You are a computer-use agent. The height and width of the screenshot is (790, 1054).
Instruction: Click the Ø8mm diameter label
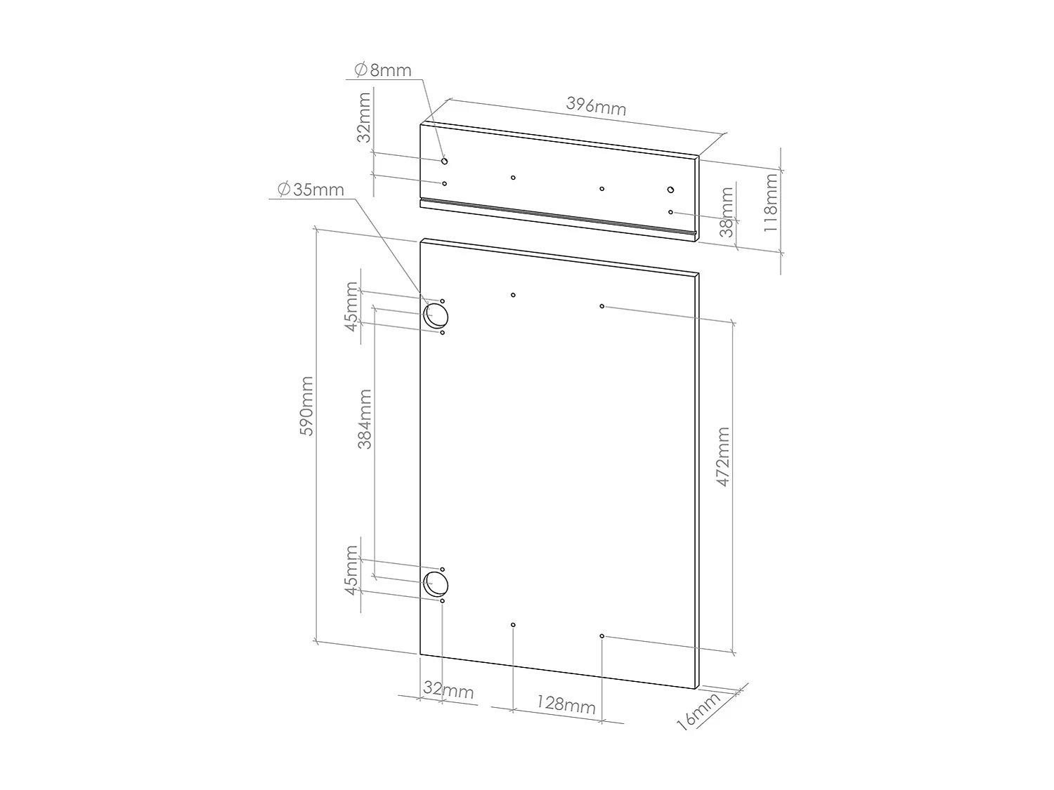point(383,70)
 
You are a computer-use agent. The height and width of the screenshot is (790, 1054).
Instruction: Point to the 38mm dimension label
point(727,211)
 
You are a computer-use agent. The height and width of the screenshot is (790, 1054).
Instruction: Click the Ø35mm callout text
point(310,190)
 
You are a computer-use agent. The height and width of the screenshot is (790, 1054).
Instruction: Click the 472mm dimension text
point(723,457)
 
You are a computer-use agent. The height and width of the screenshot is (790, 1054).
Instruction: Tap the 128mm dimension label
point(566,703)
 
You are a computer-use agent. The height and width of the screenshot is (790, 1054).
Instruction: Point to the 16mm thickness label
point(700,711)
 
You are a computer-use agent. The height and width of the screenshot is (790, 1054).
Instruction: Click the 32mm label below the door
point(448,690)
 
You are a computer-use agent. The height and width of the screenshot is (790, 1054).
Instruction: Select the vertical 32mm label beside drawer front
point(364,117)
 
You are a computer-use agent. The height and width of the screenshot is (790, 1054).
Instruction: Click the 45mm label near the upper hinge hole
point(351,309)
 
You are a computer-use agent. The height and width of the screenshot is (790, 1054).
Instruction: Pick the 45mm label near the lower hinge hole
point(351,577)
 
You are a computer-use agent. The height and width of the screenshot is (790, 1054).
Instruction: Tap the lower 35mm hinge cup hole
point(436,584)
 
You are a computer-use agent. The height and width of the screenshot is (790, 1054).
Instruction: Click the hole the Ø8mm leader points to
point(444,162)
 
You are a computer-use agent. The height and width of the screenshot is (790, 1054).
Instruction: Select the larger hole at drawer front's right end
point(670,190)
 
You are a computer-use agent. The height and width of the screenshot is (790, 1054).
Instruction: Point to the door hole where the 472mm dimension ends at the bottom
point(602,636)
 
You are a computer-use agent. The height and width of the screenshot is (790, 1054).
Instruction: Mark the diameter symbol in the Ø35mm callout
point(284,190)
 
